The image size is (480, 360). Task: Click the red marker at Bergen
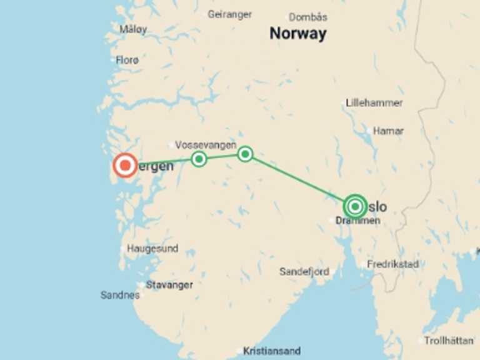pyautogui.click(x=125, y=166)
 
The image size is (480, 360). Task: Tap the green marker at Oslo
pyautogui.click(x=355, y=206)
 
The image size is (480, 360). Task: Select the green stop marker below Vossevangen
pyautogui.click(x=199, y=159)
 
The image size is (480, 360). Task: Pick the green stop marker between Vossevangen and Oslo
pyautogui.click(x=245, y=154)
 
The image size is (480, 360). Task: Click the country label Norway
pyautogui.click(x=297, y=34)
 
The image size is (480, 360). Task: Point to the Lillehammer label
pyautogui.click(x=374, y=102)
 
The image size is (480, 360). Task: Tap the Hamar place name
pyautogui.click(x=388, y=131)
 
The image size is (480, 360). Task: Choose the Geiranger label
pyautogui.click(x=229, y=14)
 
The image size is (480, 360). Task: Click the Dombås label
pyautogui.click(x=307, y=17)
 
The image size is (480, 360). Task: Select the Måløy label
pyautogui.click(x=133, y=29)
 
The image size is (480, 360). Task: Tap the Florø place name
pyautogui.click(x=127, y=60)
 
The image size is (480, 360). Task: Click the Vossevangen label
pyautogui.click(x=206, y=144)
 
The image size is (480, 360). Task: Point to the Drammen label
pyautogui.click(x=357, y=221)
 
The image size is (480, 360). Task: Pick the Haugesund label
pyautogui.click(x=152, y=248)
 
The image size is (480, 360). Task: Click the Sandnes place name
pyautogui.click(x=120, y=295)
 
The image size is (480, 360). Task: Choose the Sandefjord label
pyautogui.click(x=304, y=272)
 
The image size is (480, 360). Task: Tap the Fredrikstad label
pyautogui.click(x=392, y=264)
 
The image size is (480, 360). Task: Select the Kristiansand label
pyautogui.click(x=272, y=351)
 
